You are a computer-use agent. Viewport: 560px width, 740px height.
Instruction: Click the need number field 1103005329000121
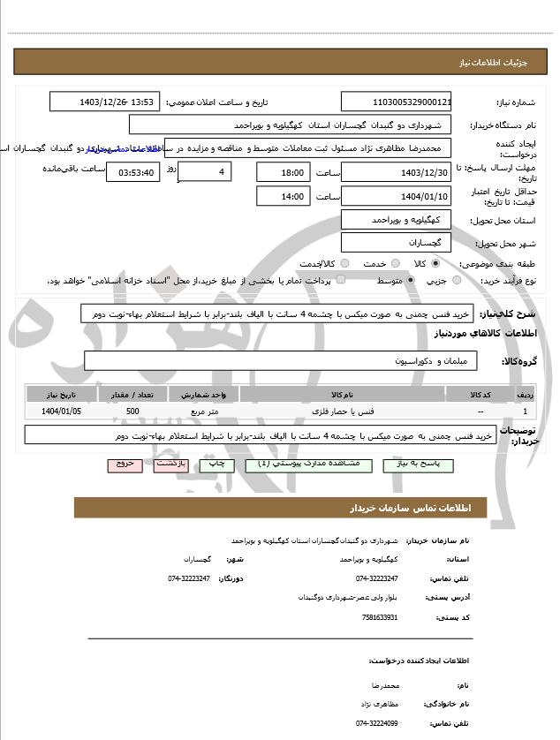[x=396, y=102]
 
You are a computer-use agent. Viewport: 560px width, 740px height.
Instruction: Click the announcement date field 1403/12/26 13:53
[x=105, y=102]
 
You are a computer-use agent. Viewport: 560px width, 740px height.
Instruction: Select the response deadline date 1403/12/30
[x=396, y=172]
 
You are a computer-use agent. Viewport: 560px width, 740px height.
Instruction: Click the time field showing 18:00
[x=283, y=172]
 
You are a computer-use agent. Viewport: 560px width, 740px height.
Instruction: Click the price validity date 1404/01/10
[x=396, y=196]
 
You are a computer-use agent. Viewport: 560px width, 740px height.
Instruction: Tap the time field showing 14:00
[x=283, y=196]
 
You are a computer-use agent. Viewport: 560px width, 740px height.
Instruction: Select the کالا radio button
[x=435, y=263]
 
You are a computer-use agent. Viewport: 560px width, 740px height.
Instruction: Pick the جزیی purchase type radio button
[x=456, y=280]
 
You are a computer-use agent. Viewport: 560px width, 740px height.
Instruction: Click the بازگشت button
[x=170, y=464]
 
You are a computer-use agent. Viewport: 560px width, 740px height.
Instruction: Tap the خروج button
[x=124, y=464]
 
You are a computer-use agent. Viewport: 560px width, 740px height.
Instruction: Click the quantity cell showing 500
[x=132, y=412]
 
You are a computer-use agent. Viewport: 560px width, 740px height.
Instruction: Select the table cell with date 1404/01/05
[x=61, y=412]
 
